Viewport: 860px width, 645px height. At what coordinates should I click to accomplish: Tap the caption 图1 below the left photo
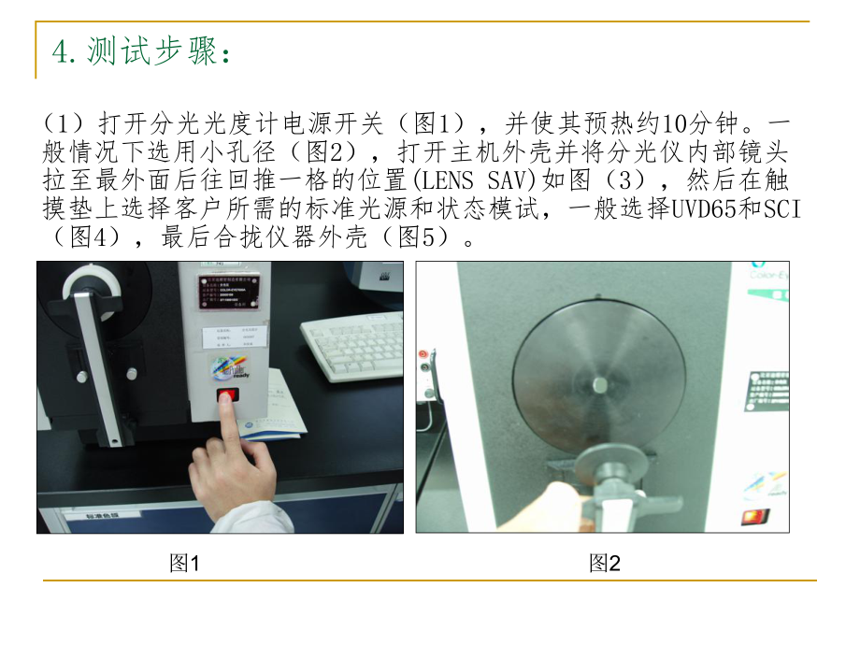click(184, 563)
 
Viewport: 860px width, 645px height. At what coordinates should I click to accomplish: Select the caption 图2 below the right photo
click(605, 563)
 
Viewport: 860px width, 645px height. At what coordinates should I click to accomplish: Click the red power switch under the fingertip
click(226, 398)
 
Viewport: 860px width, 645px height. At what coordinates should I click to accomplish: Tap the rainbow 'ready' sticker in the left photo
click(229, 368)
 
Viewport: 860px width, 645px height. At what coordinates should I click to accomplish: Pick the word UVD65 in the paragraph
click(699, 209)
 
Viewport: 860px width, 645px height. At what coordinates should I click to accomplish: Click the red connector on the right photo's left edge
click(424, 356)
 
